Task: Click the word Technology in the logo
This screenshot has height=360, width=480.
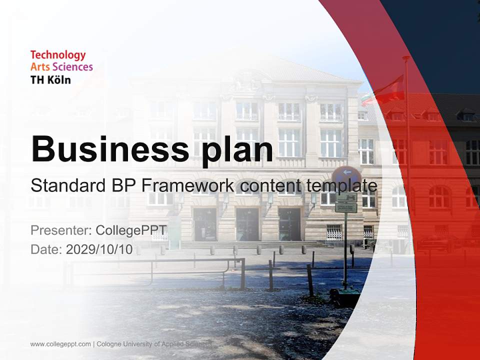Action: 58,55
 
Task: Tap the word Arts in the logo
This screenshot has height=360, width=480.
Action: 40,67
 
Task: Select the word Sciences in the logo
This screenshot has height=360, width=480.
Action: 73,67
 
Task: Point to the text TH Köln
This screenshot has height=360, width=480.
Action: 50,79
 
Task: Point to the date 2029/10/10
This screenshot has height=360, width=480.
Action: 99,249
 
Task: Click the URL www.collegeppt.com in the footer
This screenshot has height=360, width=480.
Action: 60,344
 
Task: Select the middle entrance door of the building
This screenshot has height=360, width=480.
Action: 247,224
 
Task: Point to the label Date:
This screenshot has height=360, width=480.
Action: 46,249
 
